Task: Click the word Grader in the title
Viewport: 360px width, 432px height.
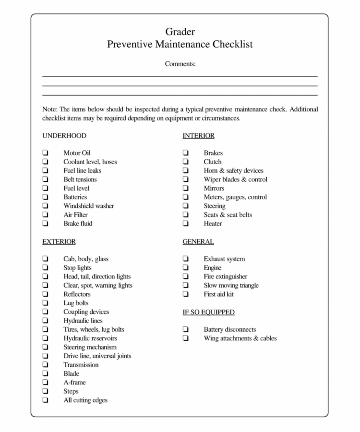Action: tap(180, 32)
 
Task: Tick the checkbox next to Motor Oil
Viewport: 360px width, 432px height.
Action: tap(46, 153)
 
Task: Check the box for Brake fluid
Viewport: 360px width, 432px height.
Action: tap(46, 224)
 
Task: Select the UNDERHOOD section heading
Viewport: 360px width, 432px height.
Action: tap(64, 136)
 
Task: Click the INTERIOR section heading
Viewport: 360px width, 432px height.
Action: tap(198, 136)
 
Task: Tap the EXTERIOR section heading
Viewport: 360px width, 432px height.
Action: tap(59, 241)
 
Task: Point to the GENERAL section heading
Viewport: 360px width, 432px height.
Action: tap(198, 241)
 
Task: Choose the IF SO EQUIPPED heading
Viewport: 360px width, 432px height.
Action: tap(208, 312)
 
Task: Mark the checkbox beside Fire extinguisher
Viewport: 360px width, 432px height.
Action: tap(186, 276)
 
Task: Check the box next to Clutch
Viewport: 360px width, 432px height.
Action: tap(186, 162)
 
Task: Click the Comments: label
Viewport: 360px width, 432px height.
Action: tap(180, 63)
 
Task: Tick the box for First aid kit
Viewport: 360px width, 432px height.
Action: tap(186, 294)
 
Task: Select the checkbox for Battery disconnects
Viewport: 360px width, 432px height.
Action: tap(186, 330)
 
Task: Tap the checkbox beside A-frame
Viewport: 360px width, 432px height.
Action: tap(46, 383)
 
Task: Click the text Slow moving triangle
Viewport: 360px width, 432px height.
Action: tap(231, 285)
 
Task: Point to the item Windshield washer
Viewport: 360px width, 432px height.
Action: tap(89, 206)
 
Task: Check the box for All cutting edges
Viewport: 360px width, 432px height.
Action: tap(46, 400)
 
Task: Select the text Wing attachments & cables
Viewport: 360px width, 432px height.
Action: tap(240, 338)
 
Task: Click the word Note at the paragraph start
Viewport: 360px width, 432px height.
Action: tap(49, 109)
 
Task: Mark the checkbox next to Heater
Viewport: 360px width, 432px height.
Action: tap(186, 224)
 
